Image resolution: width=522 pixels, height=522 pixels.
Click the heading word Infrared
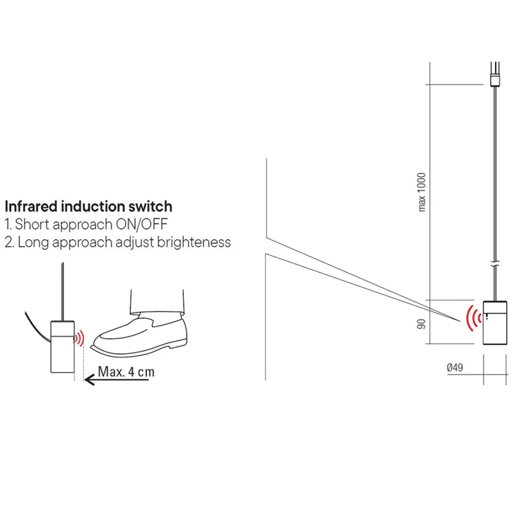click(x=31, y=206)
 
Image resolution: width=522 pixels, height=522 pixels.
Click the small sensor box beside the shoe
click(x=63, y=346)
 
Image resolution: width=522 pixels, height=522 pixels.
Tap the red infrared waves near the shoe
click(x=79, y=338)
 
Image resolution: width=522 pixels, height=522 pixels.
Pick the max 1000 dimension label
click(x=422, y=192)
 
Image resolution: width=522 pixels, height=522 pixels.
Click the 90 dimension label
click(x=421, y=324)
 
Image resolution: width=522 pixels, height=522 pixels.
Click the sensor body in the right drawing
click(x=495, y=323)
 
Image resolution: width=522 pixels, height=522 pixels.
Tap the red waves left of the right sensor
click(x=472, y=318)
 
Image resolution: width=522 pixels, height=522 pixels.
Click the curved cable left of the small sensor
click(x=37, y=327)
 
